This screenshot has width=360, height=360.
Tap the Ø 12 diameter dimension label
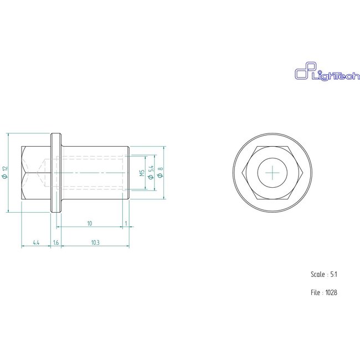click(4, 172)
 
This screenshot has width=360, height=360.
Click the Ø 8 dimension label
click(160, 173)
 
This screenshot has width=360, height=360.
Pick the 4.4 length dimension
click(35, 243)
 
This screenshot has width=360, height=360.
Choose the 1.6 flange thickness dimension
click(56, 243)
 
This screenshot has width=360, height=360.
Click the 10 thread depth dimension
click(89, 223)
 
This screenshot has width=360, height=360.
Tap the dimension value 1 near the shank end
click(126, 223)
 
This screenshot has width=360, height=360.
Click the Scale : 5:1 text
click(324, 274)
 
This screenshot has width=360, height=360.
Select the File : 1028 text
click(324, 292)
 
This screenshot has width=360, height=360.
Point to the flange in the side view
click(56, 173)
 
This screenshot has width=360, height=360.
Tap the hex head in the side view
click(37, 173)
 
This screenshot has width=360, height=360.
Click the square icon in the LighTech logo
click(302, 74)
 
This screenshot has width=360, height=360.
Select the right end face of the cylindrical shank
click(129, 173)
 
